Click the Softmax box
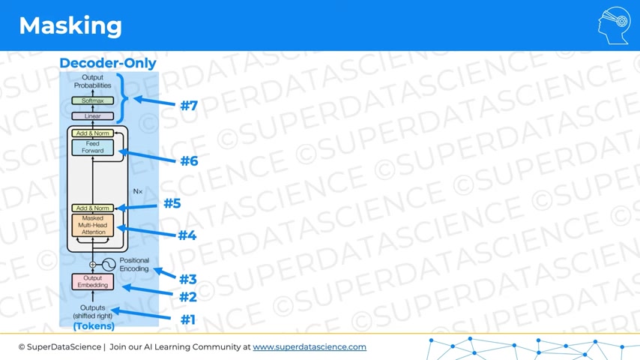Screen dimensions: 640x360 pyautogui.click(x=93, y=100)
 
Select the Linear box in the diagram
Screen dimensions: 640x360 pyautogui.click(x=93, y=116)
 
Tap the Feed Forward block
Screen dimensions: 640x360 pyautogui.click(x=93, y=147)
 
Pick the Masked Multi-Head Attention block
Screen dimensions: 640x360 pyautogui.click(x=93, y=225)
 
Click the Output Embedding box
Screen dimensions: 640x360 pyautogui.click(x=93, y=281)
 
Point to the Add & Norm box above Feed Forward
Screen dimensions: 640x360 pyautogui.click(x=93, y=133)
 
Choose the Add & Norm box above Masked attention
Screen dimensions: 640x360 pyautogui.click(x=93, y=208)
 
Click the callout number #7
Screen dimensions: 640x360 pyautogui.click(x=189, y=106)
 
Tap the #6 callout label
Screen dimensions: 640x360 pyautogui.click(x=189, y=161)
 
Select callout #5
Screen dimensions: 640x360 pyautogui.click(x=172, y=203)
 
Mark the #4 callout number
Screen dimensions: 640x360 pyautogui.click(x=187, y=235)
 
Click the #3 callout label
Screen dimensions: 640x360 pyautogui.click(x=188, y=280)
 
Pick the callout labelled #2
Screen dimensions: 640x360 pyautogui.click(x=188, y=297)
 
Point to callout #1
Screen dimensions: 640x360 pyautogui.click(x=188, y=319)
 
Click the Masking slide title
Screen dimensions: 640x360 pyautogui.click(x=70, y=25)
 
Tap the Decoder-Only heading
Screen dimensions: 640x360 pyautogui.click(x=108, y=63)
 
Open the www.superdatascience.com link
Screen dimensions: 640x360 pyautogui.click(x=310, y=347)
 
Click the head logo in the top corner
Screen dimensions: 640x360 pyautogui.click(x=615, y=25)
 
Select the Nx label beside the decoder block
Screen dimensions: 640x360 pyautogui.click(x=138, y=191)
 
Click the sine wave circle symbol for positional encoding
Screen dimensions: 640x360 pyautogui.click(x=109, y=265)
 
